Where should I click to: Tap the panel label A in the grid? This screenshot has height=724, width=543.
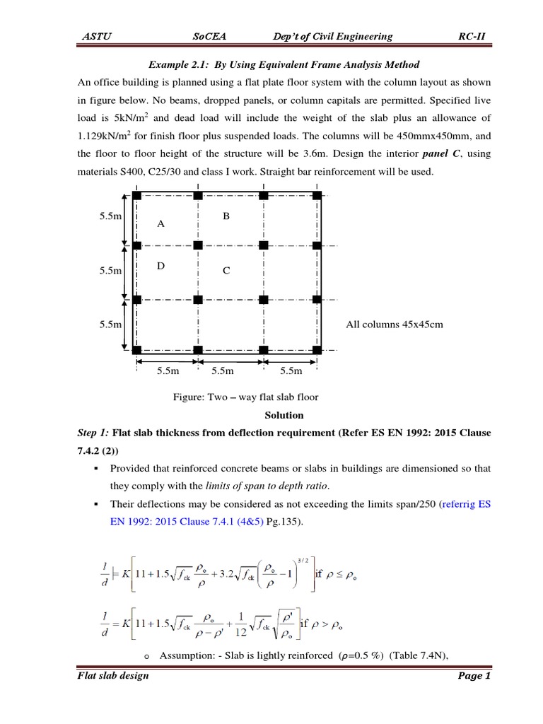pyautogui.click(x=160, y=223)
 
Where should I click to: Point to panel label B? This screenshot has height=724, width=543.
pyautogui.click(x=226, y=216)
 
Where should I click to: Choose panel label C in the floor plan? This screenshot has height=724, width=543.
pyautogui.click(x=226, y=270)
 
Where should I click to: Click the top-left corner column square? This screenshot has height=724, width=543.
pyautogui.click(x=136, y=194)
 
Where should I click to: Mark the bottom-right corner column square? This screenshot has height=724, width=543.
pyautogui.click(x=317, y=349)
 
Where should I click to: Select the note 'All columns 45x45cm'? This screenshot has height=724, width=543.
pyautogui.click(x=393, y=325)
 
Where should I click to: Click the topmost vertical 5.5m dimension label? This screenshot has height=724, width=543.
pyautogui.click(x=110, y=217)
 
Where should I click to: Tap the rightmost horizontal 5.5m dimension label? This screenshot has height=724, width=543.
pyautogui.click(x=291, y=370)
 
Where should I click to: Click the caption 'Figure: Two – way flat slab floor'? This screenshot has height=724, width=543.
pyautogui.click(x=246, y=397)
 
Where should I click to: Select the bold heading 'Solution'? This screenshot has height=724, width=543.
pyautogui.click(x=284, y=415)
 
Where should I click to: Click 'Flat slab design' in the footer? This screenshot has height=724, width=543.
pyautogui.click(x=113, y=676)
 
